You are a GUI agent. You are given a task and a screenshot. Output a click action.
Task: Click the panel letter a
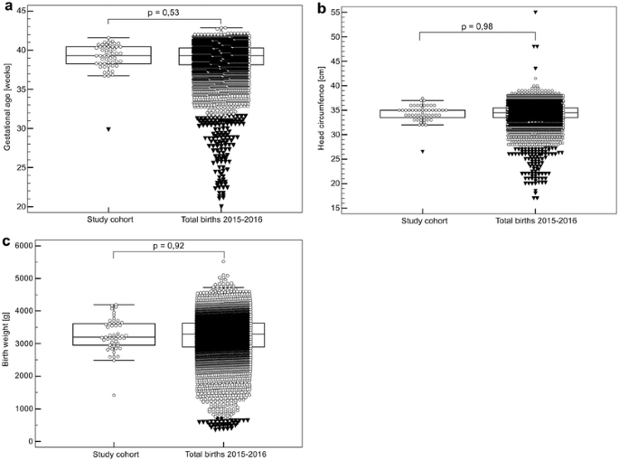tap(6, 7)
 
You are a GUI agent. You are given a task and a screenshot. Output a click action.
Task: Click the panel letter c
tap(6, 241)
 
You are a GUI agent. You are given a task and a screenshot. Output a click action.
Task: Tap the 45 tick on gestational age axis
tap(25, 11)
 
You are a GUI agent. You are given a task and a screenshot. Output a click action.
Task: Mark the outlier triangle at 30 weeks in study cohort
tap(108, 129)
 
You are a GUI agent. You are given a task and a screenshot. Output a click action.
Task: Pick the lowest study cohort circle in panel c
tap(114, 395)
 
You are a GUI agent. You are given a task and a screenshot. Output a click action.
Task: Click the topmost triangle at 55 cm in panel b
tap(535, 13)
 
